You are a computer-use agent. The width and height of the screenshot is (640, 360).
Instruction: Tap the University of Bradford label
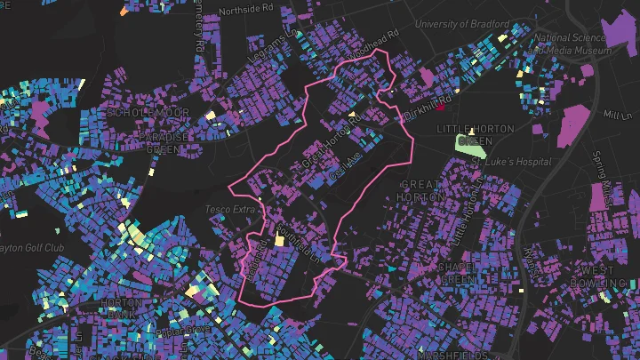click(460, 23)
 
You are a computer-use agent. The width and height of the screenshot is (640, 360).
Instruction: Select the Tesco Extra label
click(230, 209)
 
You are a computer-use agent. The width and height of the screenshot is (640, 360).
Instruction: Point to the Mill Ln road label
click(615, 116)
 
